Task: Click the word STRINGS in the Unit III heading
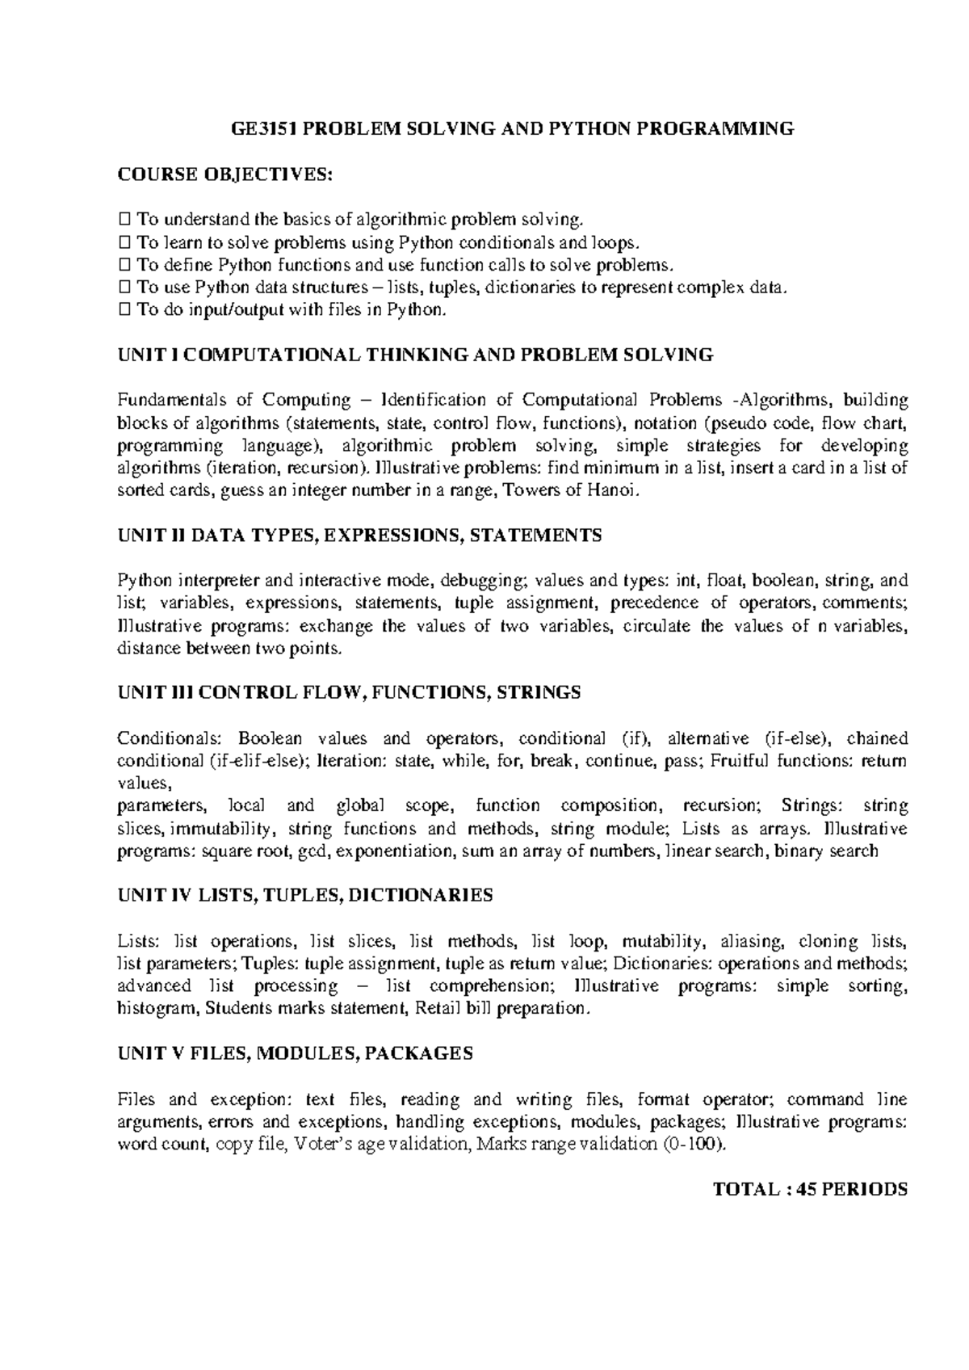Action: pos(539,692)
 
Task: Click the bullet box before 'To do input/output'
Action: pos(124,309)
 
